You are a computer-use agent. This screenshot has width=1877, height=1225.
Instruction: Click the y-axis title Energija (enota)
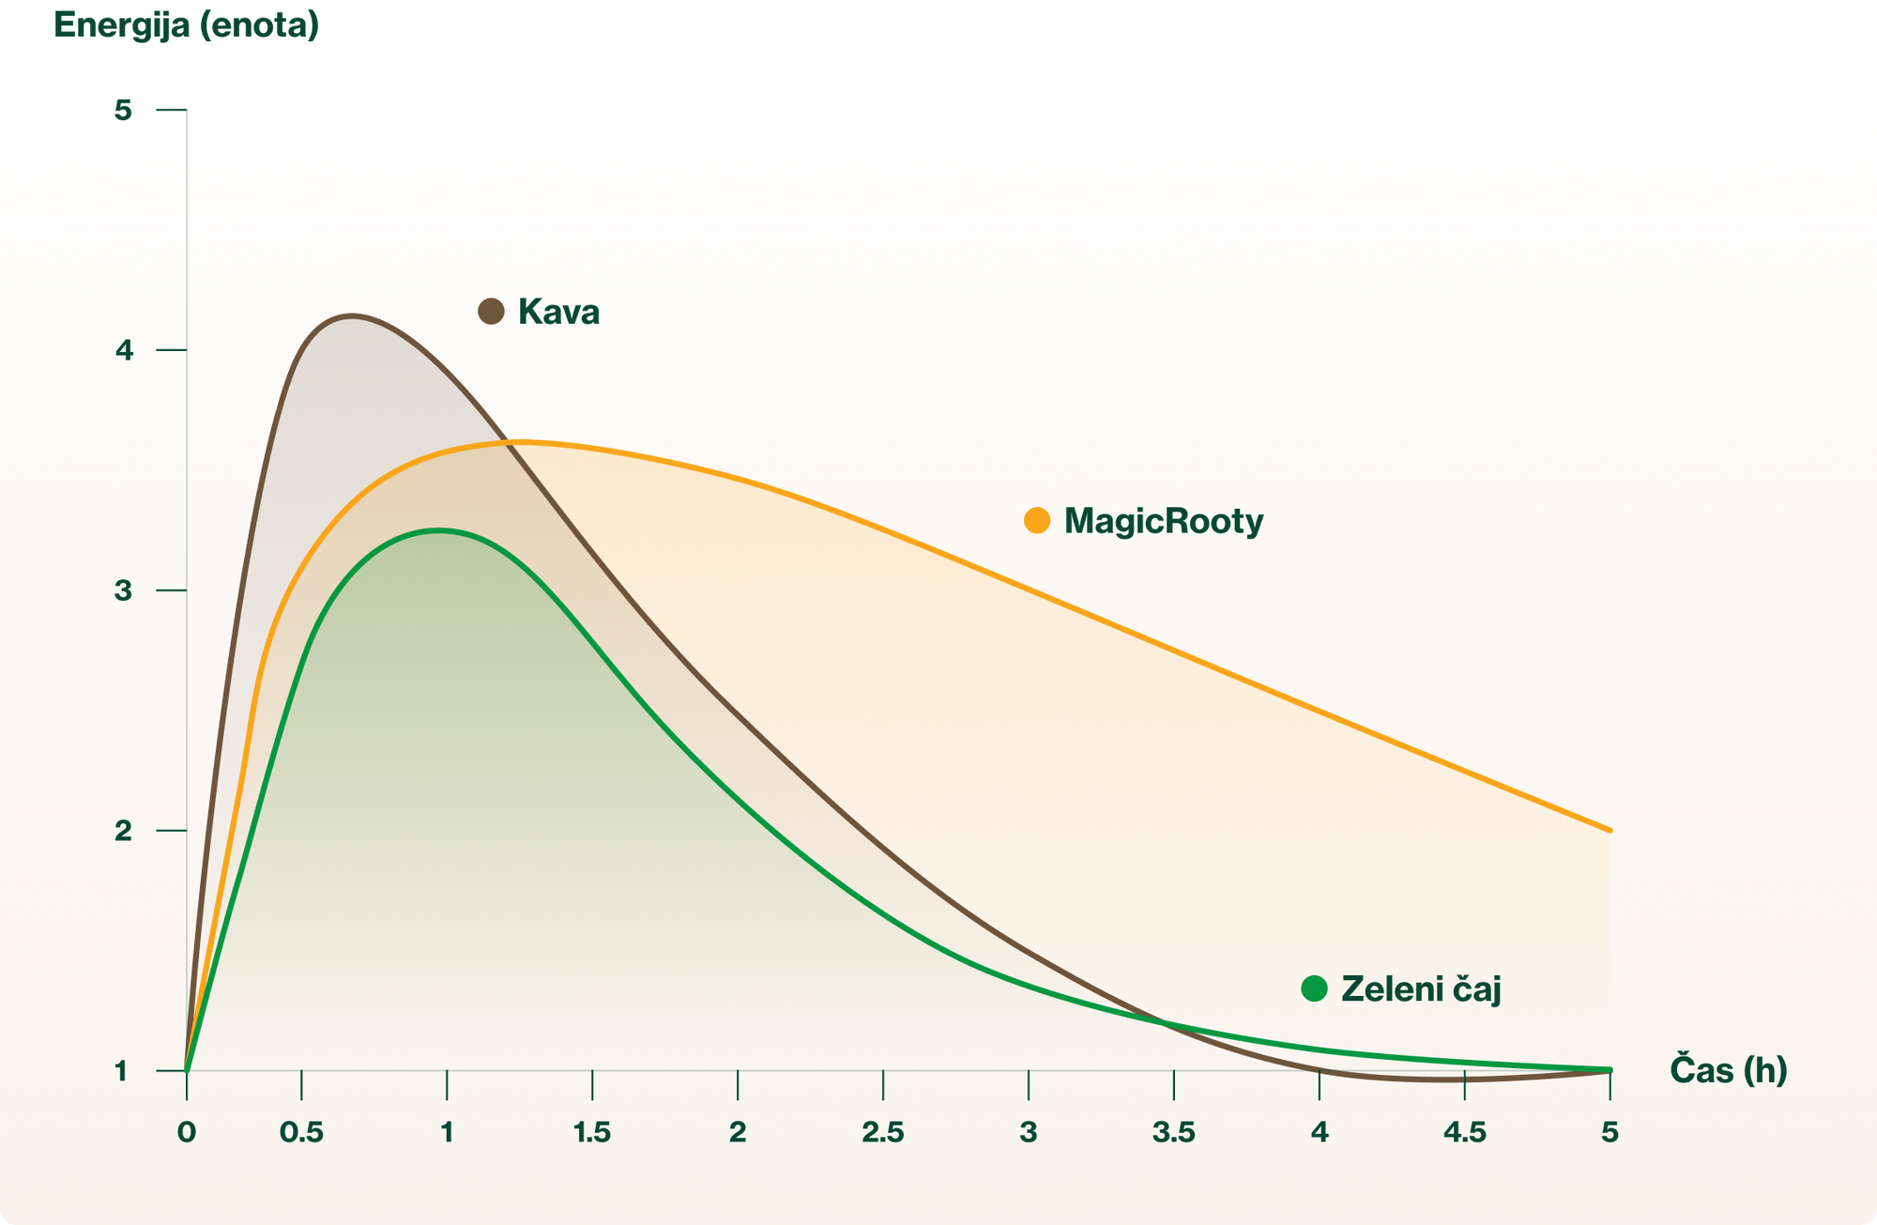[187, 24]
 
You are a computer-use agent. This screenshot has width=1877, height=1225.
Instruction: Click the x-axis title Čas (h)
[1728, 1070]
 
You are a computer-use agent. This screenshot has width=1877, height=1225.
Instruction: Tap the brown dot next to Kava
[492, 311]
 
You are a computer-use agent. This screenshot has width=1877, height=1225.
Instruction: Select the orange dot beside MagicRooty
[1037, 520]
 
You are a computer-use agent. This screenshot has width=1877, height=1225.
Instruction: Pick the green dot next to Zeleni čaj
[1315, 988]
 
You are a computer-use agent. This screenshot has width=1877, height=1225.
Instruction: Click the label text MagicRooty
[1164, 521]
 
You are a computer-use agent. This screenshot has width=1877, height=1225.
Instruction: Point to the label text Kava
[558, 312]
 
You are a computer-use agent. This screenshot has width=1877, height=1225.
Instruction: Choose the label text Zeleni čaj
[1421, 989]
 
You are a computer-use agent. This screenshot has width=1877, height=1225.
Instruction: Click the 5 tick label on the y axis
[123, 111]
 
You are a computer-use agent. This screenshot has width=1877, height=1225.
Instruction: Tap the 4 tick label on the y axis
[123, 351]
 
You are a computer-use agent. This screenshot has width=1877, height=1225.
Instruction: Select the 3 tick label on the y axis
[123, 590]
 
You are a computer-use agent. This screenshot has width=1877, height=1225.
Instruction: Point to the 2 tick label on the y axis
[123, 831]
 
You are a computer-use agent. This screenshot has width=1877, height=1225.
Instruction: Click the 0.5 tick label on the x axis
[301, 1132]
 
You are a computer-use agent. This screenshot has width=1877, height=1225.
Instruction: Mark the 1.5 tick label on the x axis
[592, 1132]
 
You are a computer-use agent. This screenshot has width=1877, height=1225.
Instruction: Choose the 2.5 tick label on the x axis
[883, 1132]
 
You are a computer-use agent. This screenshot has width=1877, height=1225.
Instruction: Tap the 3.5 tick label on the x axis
[1174, 1132]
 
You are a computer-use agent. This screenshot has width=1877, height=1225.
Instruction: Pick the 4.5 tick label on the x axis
[1465, 1132]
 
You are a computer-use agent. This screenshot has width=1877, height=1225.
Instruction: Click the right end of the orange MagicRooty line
[1610, 830]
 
